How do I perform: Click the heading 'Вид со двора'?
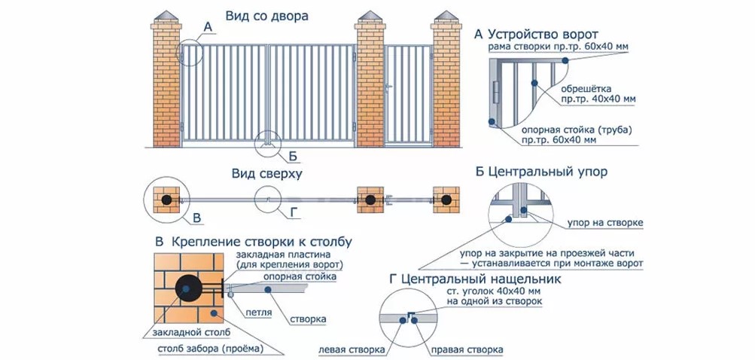click(266, 15)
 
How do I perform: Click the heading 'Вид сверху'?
click(266, 175)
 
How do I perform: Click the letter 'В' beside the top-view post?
click(197, 218)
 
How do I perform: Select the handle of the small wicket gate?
click(388, 90)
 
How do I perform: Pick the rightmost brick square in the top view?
click(447, 200)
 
